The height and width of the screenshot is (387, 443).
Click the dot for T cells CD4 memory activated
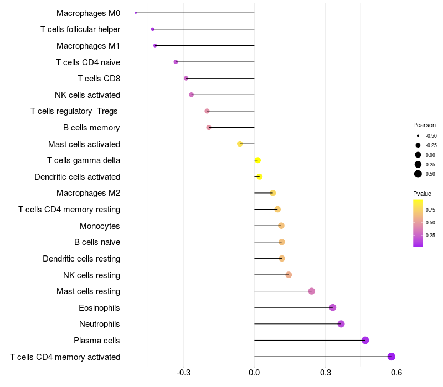click(x=392, y=357)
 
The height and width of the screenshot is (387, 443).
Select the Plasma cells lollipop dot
click(x=365, y=340)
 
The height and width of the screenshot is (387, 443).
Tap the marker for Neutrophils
click(x=341, y=324)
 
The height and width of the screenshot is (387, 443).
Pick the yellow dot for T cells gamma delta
click(x=257, y=160)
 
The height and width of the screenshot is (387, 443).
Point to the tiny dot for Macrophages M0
click(x=136, y=13)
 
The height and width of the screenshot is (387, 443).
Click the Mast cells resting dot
click(x=311, y=291)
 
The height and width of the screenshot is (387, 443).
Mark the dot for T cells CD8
click(x=186, y=79)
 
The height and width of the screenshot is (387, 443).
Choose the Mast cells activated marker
click(x=240, y=144)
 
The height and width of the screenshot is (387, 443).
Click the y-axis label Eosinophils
click(x=100, y=307)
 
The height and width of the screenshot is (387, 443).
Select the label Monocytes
click(x=100, y=226)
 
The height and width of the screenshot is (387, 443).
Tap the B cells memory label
click(x=91, y=128)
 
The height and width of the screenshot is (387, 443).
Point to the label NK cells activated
click(x=87, y=95)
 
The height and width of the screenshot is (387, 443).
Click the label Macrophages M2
click(x=89, y=193)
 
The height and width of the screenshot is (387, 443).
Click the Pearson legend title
click(x=424, y=125)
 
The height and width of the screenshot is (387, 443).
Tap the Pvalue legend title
click(x=422, y=193)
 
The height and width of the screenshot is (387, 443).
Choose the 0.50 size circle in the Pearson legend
click(x=418, y=174)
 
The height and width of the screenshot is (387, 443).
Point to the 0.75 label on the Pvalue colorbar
click(x=430, y=210)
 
